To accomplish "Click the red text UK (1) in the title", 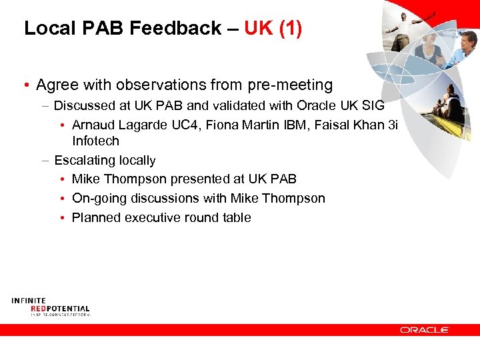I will [273, 29].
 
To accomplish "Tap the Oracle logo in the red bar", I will [425, 329].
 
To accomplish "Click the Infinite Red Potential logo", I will [50, 307].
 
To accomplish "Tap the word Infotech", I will [95, 141].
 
